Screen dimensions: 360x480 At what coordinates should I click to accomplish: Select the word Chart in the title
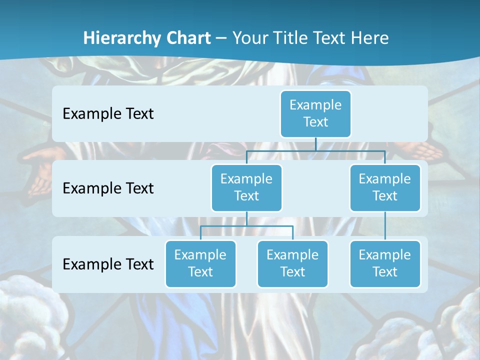tap(186, 38)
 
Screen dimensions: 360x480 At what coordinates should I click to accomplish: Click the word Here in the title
tap(369, 38)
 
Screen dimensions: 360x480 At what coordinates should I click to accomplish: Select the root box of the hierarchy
tap(315, 113)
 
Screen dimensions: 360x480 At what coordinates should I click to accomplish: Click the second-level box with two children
tap(246, 187)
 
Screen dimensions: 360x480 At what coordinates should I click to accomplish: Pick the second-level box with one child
tap(385, 187)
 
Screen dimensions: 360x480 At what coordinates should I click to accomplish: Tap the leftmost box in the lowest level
tap(200, 263)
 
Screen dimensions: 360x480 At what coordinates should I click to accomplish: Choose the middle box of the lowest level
tap(292, 263)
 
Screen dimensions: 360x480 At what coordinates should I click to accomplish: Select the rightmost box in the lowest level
tap(385, 263)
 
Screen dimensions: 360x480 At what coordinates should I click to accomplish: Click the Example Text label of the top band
tap(108, 113)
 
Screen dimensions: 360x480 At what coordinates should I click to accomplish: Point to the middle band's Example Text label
tap(108, 188)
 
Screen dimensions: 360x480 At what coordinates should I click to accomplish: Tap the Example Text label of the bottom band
tap(108, 264)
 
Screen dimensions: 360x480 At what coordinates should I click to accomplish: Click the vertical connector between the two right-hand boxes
tap(385, 225)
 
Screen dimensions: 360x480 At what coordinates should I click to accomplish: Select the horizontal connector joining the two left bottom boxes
tap(246, 226)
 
